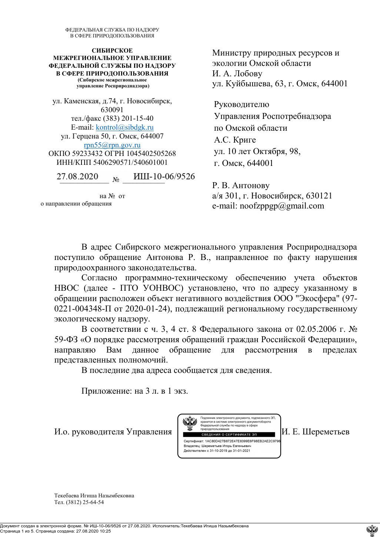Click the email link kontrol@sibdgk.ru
click(124, 127)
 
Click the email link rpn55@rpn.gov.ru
click(112, 145)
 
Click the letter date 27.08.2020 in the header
click(77, 176)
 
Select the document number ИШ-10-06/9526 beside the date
click(164, 176)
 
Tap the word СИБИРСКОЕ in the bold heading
click(112, 50)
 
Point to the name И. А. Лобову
click(237, 73)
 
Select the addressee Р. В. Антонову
click(241, 186)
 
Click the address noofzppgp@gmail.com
click(282, 206)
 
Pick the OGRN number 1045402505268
click(151, 153)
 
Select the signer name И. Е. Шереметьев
click(316, 432)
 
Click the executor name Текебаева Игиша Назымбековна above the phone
click(94, 496)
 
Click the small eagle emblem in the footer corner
click(372, 530)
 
